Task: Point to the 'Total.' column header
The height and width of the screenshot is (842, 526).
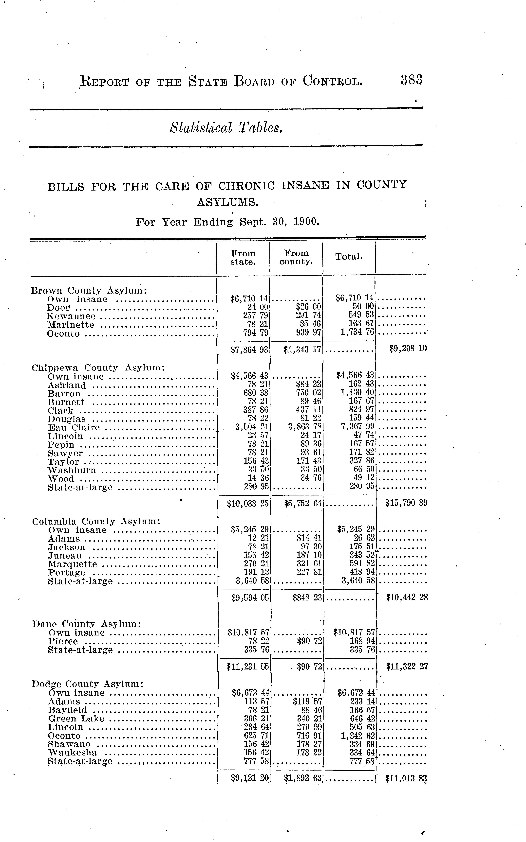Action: coord(349,257)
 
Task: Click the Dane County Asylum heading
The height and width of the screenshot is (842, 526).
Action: coord(86,624)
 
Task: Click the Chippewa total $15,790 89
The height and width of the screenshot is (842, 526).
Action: coord(406,503)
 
